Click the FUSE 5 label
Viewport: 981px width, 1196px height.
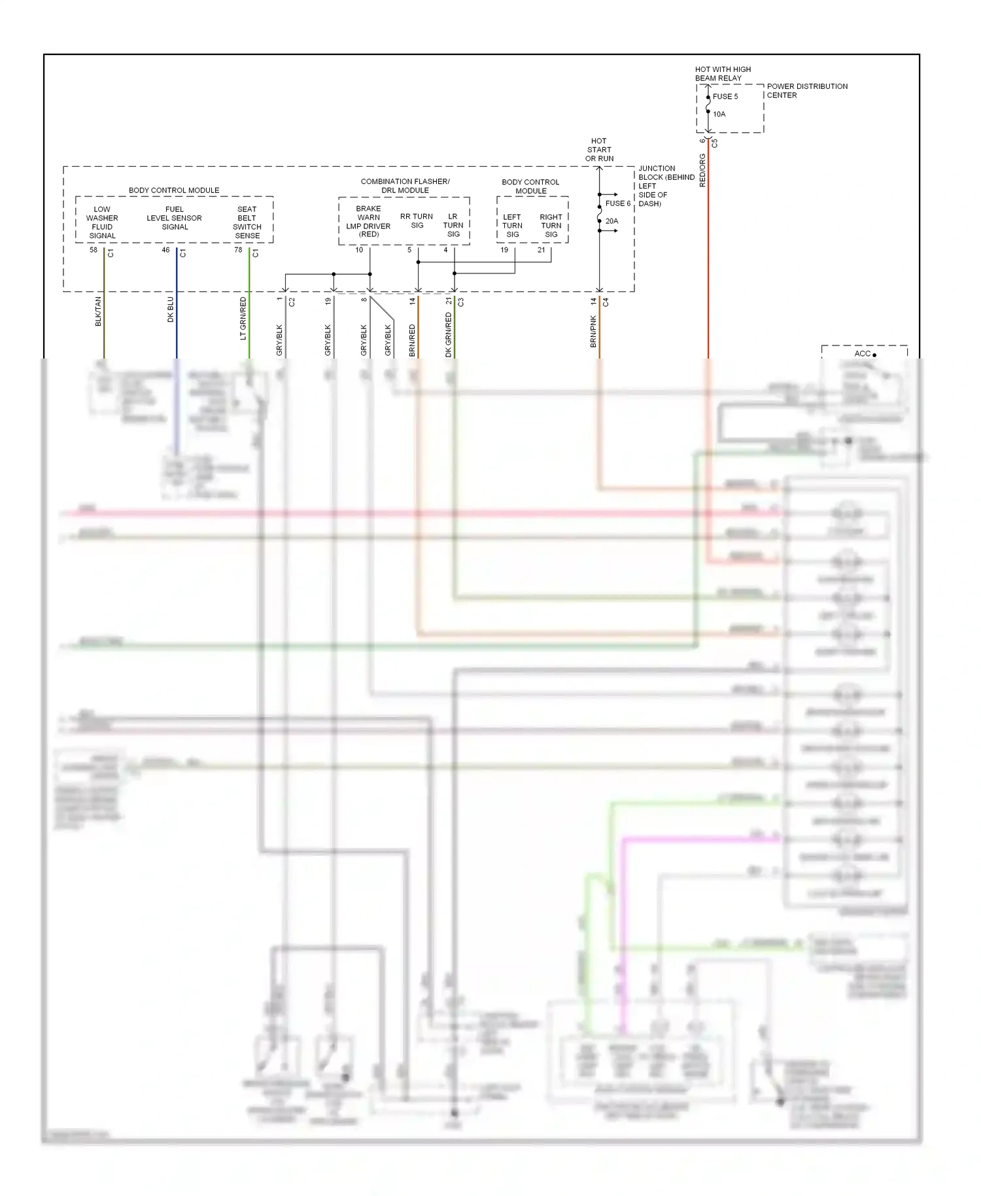point(725,96)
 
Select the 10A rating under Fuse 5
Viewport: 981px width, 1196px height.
point(719,114)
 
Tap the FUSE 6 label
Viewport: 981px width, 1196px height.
point(617,203)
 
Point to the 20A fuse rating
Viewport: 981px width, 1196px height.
point(611,221)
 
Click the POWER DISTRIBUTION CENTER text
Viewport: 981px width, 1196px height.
point(806,90)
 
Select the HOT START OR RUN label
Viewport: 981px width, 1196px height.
point(599,150)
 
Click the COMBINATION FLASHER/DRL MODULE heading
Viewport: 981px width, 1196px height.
point(405,186)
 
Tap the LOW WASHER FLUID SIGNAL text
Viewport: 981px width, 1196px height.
point(102,222)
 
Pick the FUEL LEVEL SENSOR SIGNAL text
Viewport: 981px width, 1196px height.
point(174,218)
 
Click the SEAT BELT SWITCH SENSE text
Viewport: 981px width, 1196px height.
point(247,222)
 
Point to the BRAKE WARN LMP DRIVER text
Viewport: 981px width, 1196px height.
point(368,221)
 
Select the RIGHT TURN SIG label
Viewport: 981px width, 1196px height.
point(551,226)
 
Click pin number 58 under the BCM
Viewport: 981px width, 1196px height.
point(94,250)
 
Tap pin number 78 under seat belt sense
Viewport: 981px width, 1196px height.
point(238,250)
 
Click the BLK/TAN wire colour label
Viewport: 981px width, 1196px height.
point(99,311)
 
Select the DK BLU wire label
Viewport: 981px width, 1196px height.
point(171,309)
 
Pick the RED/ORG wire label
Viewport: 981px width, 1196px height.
point(703,171)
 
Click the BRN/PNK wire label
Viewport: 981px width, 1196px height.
point(594,331)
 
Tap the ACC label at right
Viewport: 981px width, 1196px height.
point(862,353)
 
